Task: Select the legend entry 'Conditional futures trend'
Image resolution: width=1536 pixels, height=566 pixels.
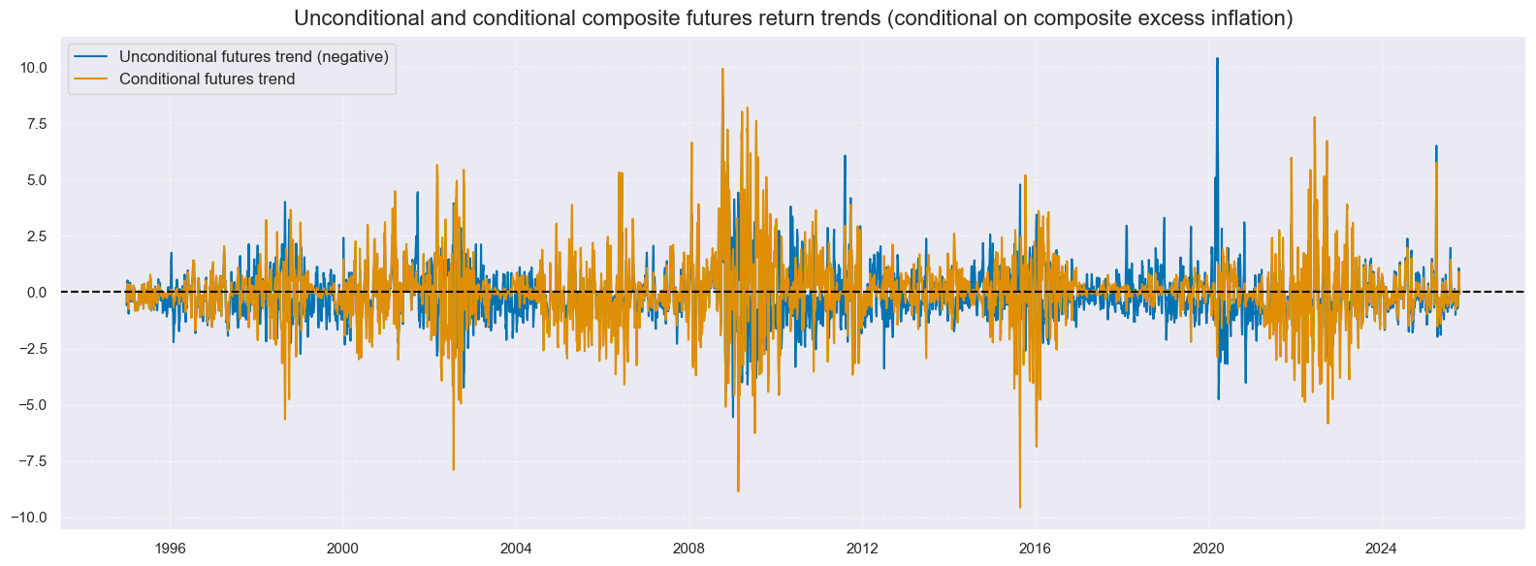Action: coord(207,79)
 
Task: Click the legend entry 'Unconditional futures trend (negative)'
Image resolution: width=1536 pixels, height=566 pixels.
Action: coord(253,56)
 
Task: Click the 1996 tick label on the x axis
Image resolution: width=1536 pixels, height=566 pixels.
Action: coord(170,548)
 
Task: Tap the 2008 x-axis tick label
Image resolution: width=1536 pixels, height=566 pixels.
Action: coord(689,548)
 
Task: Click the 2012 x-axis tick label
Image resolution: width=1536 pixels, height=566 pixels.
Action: coord(862,548)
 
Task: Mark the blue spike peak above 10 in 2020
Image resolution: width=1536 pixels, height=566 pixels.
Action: coord(1217,58)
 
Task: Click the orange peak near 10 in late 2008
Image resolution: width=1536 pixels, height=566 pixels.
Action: coord(722,69)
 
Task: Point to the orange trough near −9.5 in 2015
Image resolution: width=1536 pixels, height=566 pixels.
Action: coord(1020,507)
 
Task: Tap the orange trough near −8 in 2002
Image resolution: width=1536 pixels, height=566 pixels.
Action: coord(453,470)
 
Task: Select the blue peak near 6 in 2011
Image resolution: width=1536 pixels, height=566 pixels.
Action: coord(845,156)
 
